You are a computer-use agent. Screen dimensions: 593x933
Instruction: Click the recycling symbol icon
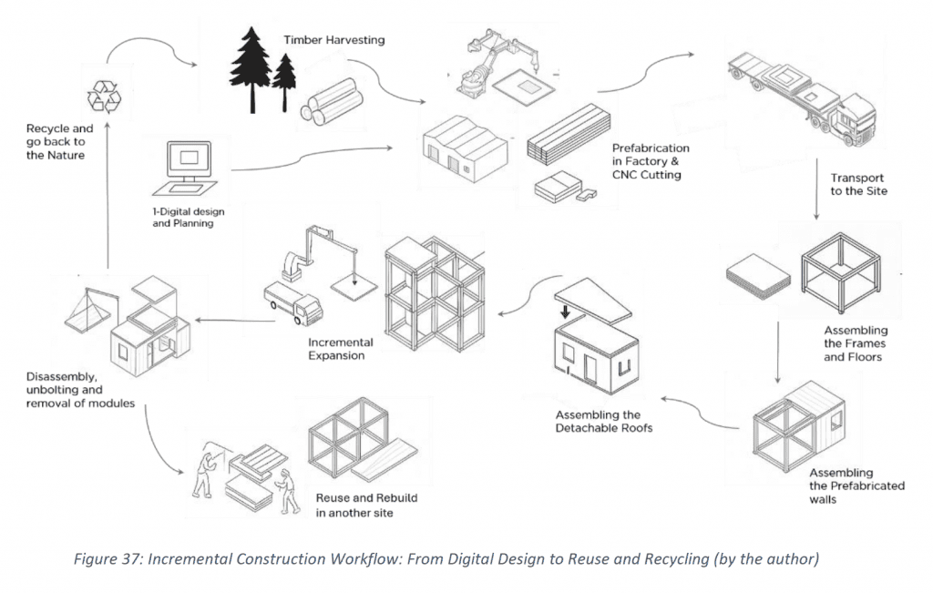pos(102,96)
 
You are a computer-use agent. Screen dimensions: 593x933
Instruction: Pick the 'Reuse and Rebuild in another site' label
pos(354,506)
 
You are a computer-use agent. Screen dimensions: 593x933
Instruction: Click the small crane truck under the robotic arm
pos(292,303)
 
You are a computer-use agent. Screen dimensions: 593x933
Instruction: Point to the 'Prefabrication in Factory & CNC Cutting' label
pos(651,161)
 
